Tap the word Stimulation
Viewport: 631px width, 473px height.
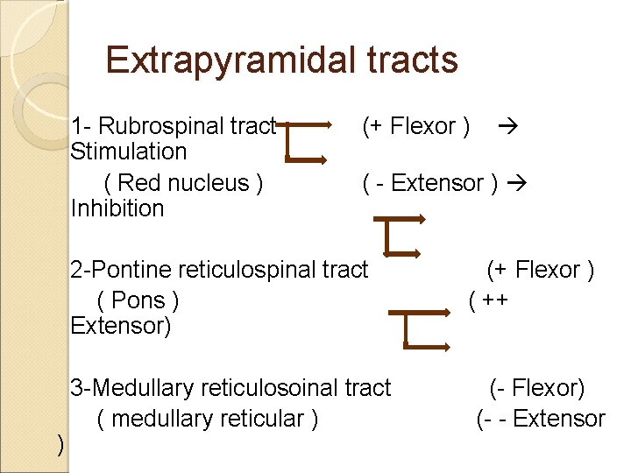[128, 152]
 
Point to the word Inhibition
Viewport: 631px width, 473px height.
[117, 208]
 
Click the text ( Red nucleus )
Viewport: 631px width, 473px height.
[183, 183]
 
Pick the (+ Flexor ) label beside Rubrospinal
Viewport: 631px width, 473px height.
[415, 126]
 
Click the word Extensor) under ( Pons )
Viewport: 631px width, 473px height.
[121, 327]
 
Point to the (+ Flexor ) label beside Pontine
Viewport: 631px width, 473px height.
[541, 270]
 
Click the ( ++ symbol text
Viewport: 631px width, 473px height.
[490, 300]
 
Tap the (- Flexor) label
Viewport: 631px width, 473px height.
[537, 387]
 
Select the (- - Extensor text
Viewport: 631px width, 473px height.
[540, 419]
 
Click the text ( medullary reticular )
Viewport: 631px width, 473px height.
[208, 419]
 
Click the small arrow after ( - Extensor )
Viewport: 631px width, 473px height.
[516, 183]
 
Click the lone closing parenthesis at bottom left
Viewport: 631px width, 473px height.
[60, 445]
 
